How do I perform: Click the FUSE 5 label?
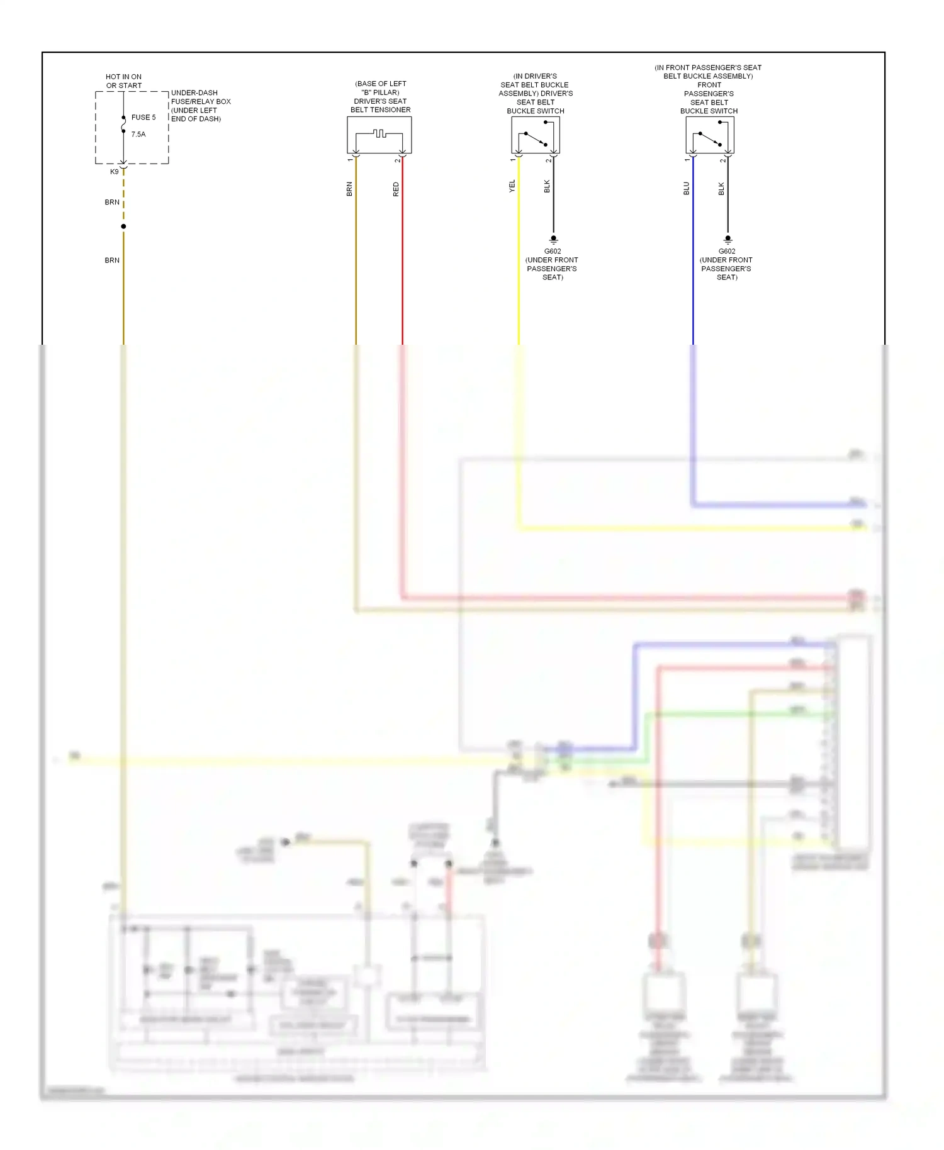(143, 118)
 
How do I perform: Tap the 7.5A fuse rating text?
(138, 135)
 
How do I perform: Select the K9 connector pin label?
(115, 172)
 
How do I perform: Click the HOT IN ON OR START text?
(123, 81)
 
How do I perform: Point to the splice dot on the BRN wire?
(123, 226)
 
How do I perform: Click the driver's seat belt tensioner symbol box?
(379, 135)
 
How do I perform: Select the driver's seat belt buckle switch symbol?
(535, 135)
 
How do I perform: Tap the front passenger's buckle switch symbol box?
(709, 135)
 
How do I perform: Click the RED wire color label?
(396, 189)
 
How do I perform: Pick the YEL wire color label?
(512, 186)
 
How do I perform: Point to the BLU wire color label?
(687, 188)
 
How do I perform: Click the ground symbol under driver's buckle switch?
(553, 240)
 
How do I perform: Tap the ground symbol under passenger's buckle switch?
(728, 240)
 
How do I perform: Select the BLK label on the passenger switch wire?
(721, 188)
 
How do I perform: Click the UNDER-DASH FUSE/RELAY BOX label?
(200, 105)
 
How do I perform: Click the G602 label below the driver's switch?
(553, 252)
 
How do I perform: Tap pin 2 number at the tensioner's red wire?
(397, 160)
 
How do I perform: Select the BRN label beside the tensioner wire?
(349, 189)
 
